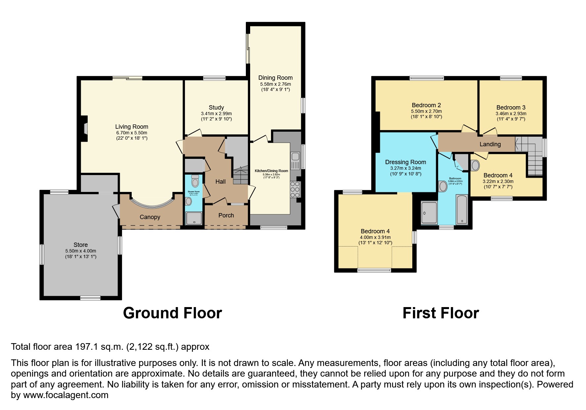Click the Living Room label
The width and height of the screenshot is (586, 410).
[131, 127]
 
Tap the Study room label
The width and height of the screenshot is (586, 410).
[216, 108]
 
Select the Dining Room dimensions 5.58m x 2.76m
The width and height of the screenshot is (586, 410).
[275, 84]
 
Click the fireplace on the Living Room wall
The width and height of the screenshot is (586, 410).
[85, 128]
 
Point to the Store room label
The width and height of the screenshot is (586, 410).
[80, 245]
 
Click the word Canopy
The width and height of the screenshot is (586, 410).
[150, 217]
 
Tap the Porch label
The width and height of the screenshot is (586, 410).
[226, 215]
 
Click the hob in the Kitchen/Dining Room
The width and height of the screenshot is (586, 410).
[295, 190]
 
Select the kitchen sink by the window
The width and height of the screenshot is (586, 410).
[295, 160]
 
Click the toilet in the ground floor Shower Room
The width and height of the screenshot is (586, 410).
[195, 181]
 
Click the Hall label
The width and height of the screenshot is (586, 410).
[220, 182]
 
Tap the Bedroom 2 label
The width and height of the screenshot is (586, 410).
[426, 106]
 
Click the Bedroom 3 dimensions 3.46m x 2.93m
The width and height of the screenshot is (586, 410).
[511, 114]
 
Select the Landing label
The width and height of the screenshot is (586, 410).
[490, 144]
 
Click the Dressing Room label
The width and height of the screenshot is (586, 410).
[405, 162]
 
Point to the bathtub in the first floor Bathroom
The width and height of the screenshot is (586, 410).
[462, 209]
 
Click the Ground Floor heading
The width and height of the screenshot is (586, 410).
[172, 313]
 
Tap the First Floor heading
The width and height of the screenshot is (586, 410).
[440, 313]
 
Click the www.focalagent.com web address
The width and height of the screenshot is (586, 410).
[66, 395]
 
